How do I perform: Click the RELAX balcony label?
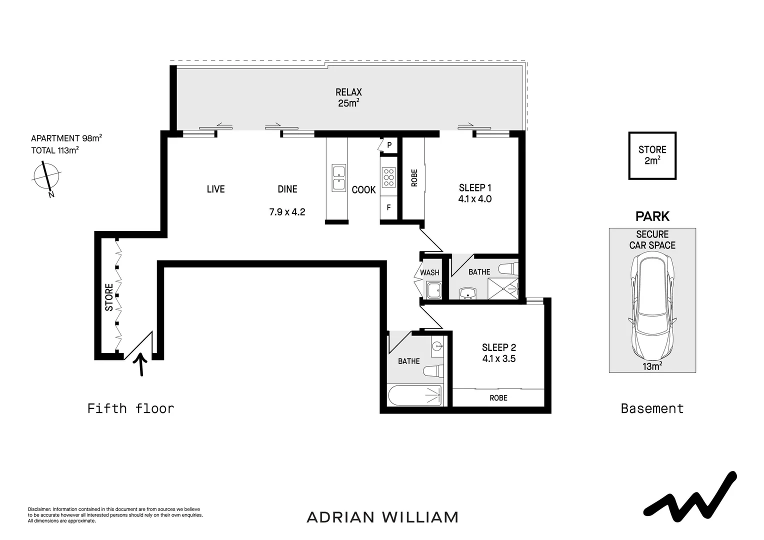coord(348,92)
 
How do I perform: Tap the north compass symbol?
coord(46,177)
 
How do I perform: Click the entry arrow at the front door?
coord(141,364)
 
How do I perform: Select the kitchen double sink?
coord(338,177)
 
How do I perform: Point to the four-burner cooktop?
coord(388,177)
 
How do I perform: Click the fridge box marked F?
coord(388,207)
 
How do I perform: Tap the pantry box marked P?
coord(389,145)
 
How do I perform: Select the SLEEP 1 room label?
coord(474,188)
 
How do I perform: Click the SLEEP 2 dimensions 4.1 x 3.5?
coord(498,359)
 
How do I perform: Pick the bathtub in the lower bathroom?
coord(415,395)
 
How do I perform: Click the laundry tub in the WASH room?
coord(433,290)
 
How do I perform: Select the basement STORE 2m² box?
coord(652,155)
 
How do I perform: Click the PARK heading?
coord(652,216)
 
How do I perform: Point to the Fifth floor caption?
coord(130,408)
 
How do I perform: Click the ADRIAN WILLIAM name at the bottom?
coord(382,517)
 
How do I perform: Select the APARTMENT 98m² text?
coord(66,138)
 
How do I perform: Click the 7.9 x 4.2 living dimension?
coord(287,212)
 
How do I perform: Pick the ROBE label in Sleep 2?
coord(498,398)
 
